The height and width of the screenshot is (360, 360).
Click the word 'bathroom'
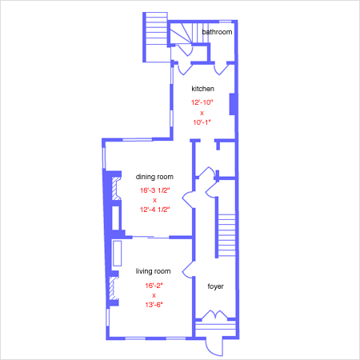(217, 32)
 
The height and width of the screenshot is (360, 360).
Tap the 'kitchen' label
(202, 89)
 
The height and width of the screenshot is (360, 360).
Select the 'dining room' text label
(154, 177)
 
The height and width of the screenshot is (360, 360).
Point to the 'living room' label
(153, 271)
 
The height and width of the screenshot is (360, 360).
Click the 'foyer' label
(215, 286)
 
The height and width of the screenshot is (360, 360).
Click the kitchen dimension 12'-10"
(202, 102)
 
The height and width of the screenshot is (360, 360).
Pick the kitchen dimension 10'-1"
(202, 122)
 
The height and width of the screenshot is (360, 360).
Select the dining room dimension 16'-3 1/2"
(154, 190)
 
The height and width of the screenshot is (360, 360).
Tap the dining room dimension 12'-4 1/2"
(154, 210)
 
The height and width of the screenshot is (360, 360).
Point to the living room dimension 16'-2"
(154, 286)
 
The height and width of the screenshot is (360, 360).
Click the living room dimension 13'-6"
(154, 305)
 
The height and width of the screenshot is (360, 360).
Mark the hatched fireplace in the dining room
(116, 189)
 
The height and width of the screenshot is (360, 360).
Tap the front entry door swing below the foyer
(214, 346)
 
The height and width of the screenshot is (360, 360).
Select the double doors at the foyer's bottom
(215, 314)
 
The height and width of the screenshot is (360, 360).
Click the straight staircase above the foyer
(226, 235)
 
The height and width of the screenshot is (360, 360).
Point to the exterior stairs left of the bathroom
(157, 38)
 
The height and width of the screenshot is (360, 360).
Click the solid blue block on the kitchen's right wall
(232, 104)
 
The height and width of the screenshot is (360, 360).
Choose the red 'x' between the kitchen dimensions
(202, 113)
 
